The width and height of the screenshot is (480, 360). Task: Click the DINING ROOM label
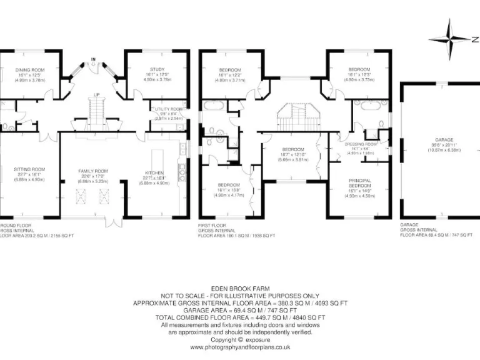[26, 70]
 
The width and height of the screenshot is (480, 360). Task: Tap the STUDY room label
[157, 70]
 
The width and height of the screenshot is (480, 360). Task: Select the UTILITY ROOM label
[167, 109]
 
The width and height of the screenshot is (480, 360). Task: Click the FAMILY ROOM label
[93, 171]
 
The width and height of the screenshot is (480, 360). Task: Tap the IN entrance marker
[93, 59]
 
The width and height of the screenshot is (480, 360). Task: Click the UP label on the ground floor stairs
[96, 95]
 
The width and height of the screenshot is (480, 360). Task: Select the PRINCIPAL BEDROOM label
[359, 183]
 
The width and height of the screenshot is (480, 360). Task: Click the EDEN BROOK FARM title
[239, 289]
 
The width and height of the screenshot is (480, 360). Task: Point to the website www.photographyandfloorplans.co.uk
[239, 347]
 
